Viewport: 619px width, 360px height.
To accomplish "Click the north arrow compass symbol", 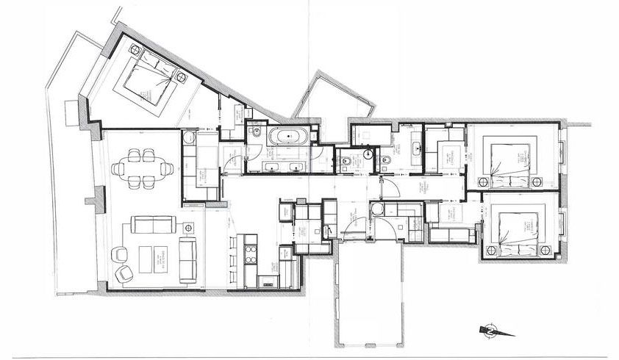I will point(490,331).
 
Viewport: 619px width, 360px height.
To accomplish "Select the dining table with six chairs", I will point(143,168).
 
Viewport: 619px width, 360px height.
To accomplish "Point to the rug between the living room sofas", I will point(154,258).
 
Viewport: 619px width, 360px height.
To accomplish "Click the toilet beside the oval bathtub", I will point(254,133).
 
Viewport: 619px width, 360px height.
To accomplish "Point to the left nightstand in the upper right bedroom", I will point(484,181).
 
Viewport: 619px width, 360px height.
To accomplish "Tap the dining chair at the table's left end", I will point(118,168).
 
